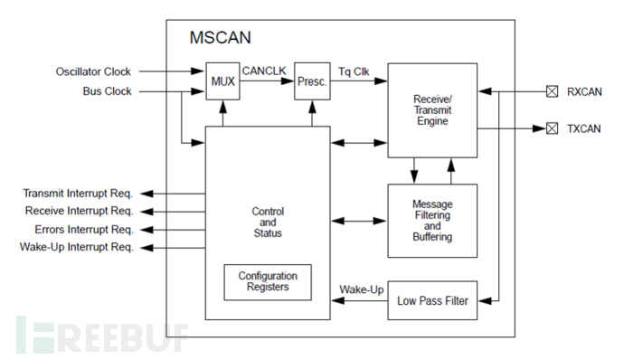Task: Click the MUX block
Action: (222, 81)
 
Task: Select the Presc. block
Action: (312, 81)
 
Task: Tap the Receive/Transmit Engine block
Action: (432, 110)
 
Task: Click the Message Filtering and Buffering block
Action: (432, 221)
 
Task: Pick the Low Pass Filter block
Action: (432, 300)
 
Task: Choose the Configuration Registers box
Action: (268, 282)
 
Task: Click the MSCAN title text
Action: (220, 38)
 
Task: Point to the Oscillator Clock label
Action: (93, 71)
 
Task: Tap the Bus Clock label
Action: (107, 91)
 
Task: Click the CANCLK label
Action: (264, 71)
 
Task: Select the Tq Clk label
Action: (354, 71)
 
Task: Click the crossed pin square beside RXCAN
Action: (552, 91)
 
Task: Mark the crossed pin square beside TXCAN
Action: (552, 128)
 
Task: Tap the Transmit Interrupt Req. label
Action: (78, 194)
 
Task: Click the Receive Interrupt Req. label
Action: (79, 211)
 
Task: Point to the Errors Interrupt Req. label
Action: (83, 230)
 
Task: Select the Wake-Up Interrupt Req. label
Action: (76, 247)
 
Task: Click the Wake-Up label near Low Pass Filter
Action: (362, 289)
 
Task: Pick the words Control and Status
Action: (268, 223)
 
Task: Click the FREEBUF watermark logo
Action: (102, 335)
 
